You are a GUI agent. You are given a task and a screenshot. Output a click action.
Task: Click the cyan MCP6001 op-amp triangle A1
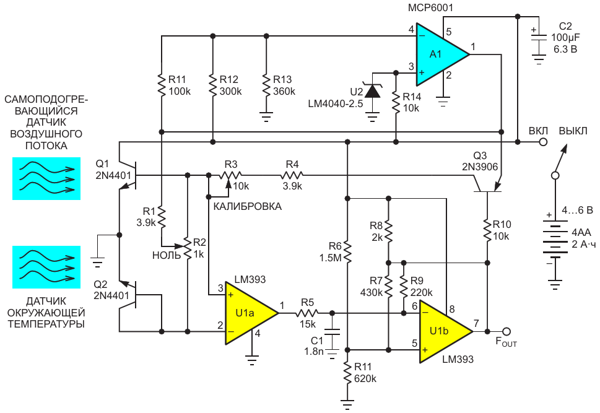438,54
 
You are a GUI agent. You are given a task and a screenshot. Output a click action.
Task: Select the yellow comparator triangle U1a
247,313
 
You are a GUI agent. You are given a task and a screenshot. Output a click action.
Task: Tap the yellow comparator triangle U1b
441,331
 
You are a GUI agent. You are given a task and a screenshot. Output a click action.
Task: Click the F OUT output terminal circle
507,331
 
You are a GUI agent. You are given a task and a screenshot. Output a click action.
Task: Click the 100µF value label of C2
565,38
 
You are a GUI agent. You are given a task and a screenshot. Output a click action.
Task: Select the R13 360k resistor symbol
266,85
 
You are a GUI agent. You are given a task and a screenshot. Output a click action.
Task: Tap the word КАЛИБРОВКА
247,207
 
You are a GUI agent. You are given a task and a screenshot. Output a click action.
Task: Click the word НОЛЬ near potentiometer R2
167,255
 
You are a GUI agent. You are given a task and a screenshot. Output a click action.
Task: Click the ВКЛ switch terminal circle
542,142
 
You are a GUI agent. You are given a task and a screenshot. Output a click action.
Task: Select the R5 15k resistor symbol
307,313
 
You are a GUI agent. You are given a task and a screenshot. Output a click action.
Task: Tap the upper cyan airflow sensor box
46,178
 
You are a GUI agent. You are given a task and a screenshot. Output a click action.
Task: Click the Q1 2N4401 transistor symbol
128,175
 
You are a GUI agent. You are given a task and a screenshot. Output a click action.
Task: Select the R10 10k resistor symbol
487,230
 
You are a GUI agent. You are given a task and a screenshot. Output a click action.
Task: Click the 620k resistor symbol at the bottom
347,373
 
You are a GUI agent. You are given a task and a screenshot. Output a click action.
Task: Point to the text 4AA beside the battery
581,232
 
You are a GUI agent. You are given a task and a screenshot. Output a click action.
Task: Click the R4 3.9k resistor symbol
292,175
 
